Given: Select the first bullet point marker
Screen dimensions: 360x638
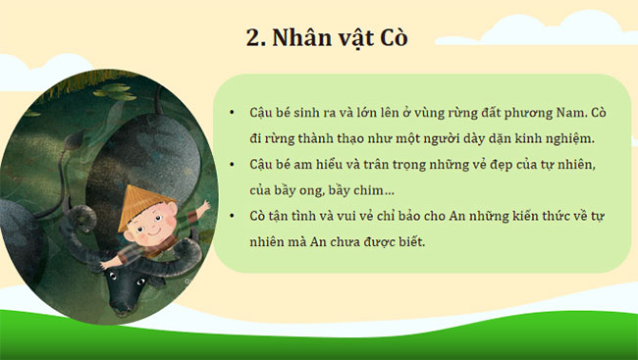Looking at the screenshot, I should tap(231, 113).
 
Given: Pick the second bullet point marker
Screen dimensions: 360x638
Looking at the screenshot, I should tap(231, 164).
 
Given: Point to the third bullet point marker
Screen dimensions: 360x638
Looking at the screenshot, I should tap(231, 215).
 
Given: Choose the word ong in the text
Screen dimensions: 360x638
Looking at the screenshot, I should tap(310, 189).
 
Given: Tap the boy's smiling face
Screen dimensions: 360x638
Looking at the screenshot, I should tap(148, 231).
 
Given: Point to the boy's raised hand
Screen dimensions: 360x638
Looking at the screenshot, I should tap(202, 208).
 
